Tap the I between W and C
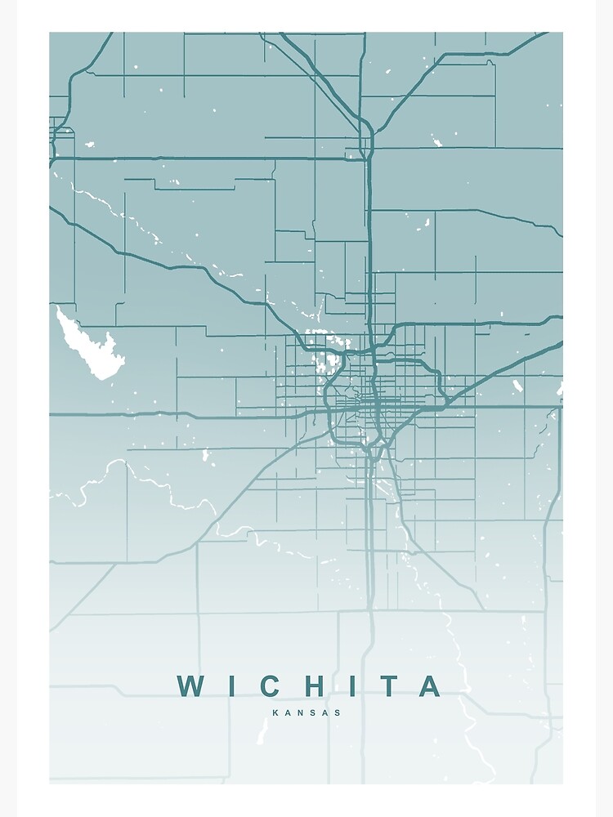231,686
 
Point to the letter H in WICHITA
313,686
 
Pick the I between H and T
351,686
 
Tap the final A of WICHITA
430,686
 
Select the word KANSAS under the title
306,712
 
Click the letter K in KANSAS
275,712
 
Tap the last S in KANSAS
338,712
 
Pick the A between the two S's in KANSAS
325,712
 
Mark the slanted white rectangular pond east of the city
517,384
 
